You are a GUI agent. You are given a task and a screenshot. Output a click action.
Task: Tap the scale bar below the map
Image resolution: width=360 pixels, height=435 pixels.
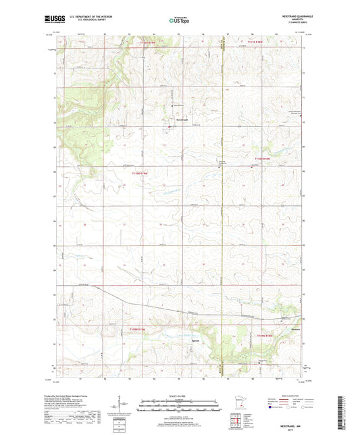[x=179, y=408]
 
